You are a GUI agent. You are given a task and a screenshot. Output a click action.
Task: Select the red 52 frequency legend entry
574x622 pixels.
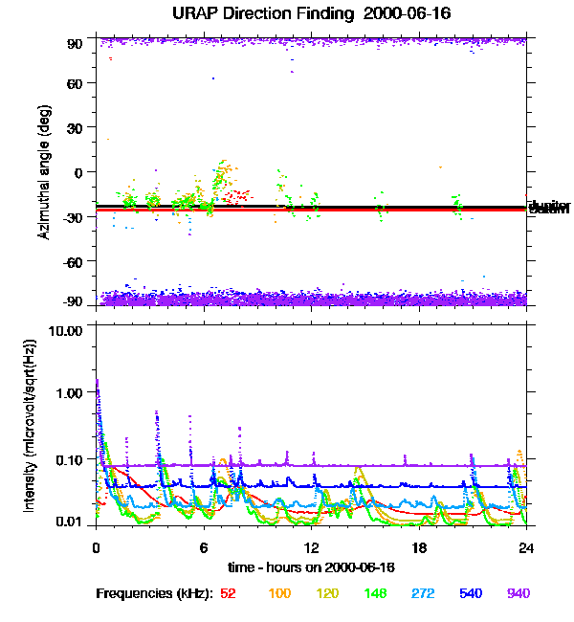pos(228,593)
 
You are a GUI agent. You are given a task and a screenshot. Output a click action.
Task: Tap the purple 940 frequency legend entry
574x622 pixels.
pos(518,593)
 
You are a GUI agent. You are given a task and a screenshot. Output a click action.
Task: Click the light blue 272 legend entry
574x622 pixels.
pos(421,593)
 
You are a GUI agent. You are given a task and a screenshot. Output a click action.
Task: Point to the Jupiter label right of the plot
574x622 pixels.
pos(549,206)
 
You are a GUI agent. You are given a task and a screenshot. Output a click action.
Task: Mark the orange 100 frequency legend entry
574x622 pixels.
pos(279,593)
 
